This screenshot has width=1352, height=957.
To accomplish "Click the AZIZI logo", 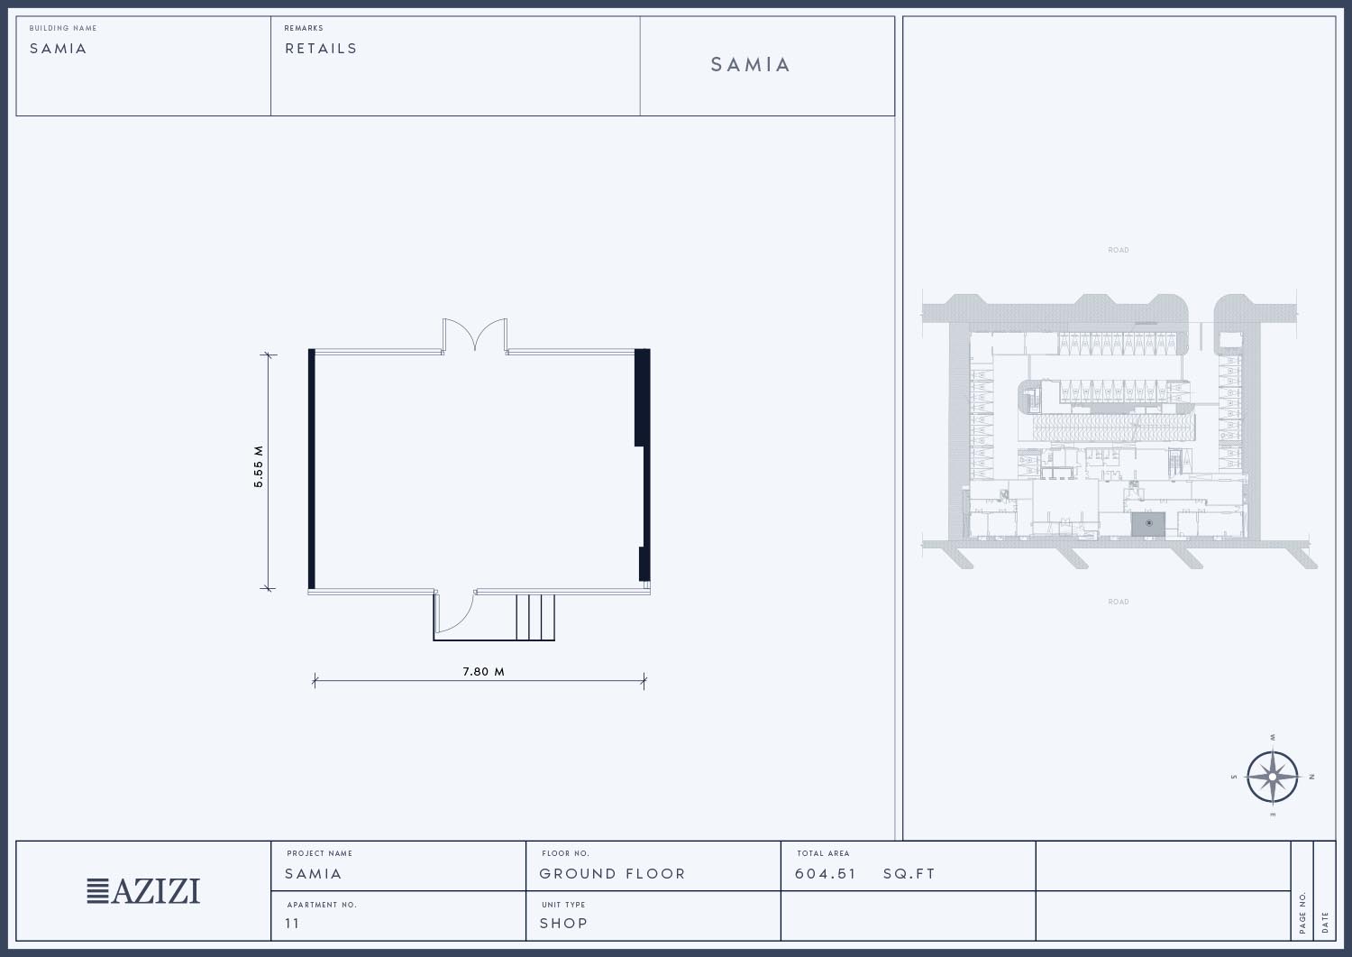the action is click(x=143, y=891).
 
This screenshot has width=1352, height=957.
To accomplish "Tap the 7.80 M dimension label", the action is click(x=483, y=671).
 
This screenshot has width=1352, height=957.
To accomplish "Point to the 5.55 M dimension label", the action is click(x=259, y=466).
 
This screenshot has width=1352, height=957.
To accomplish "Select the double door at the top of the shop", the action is click(x=475, y=335).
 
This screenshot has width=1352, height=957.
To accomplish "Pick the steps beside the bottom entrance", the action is click(x=535, y=617).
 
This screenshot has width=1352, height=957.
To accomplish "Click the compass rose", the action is click(x=1273, y=777).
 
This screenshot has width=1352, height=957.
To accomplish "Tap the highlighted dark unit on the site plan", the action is click(x=1148, y=524).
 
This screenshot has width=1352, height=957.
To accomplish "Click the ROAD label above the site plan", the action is click(x=1119, y=250).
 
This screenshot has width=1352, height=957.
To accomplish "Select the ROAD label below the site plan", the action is click(x=1119, y=602).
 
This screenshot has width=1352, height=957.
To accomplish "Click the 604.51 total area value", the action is click(x=825, y=874).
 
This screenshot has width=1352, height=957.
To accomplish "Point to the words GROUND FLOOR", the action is click(x=612, y=874).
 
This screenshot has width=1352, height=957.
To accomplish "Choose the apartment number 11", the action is click(x=292, y=923).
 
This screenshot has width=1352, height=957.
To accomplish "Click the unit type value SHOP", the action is click(x=563, y=923).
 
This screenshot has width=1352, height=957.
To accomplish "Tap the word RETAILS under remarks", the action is click(x=321, y=49).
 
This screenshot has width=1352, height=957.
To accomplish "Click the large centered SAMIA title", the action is click(x=750, y=65).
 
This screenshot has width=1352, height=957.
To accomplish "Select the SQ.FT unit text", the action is click(x=909, y=874).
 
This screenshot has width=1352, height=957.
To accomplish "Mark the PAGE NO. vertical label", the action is click(x=1302, y=913).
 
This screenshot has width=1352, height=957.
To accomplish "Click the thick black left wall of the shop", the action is click(x=312, y=469).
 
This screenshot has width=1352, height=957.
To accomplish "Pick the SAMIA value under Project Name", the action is click(x=314, y=874).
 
